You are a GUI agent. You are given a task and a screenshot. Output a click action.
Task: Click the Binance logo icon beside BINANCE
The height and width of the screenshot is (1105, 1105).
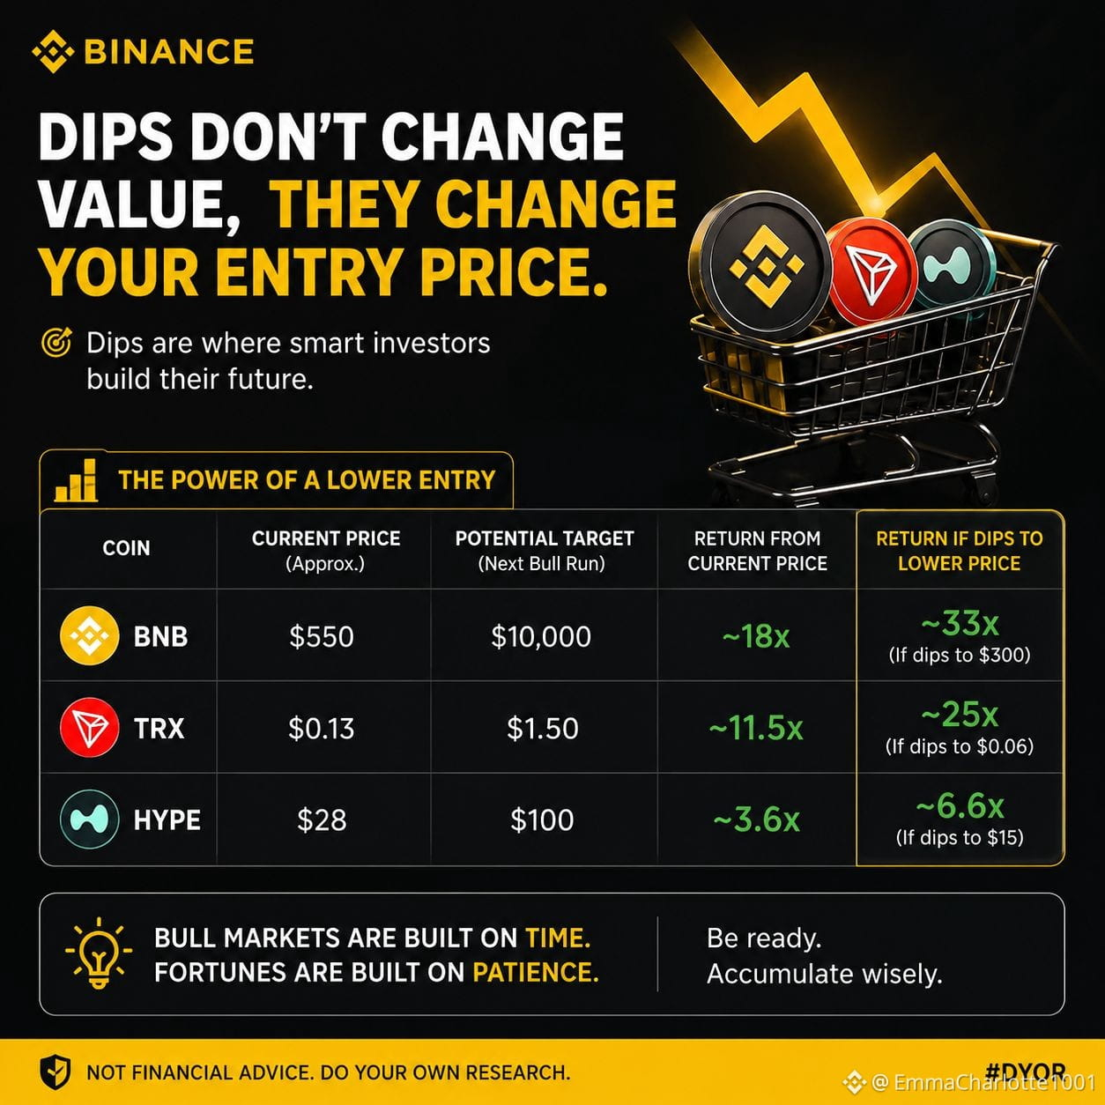tap(54, 52)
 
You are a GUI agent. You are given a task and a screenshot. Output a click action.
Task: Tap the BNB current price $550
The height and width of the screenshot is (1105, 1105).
tap(321, 636)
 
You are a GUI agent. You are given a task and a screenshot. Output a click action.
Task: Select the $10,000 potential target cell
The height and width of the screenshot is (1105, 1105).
tap(541, 636)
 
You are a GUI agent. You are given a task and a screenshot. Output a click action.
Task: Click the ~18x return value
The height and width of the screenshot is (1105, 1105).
tap(756, 636)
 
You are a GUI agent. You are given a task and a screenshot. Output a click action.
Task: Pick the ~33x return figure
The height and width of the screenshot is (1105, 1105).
tap(960, 623)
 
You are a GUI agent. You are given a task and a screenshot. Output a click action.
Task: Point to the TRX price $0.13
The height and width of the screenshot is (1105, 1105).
tap(321, 728)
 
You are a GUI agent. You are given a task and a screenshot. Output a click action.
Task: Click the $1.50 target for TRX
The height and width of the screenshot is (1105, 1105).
tap(543, 728)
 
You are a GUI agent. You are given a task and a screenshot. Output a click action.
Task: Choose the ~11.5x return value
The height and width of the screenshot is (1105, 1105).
tap(756, 728)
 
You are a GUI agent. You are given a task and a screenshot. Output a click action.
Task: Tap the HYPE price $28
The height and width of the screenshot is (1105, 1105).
tap(322, 820)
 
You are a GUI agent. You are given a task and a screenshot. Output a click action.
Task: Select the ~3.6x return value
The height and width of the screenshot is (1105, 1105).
tap(756, 820)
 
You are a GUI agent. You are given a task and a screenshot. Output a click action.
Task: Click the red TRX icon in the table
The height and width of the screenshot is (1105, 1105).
tap(90, 727)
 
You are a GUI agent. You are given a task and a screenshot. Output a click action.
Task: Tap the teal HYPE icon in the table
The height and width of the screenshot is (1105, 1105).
tap(90, 819)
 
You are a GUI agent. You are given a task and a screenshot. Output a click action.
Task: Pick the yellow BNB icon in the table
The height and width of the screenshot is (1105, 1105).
tap(90, 635)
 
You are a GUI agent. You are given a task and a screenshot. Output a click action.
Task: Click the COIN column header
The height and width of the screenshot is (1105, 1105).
tap(126, 548)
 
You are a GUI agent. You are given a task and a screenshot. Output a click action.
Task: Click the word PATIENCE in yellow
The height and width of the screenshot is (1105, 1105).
tap(536, 973)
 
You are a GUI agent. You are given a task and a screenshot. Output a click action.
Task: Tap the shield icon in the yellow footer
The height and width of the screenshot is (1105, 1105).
tap(55, 1072)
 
